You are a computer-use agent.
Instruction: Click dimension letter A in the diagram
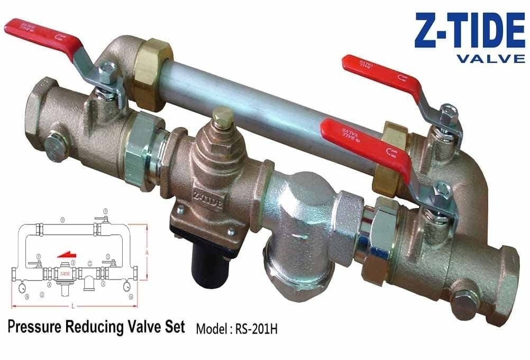147,254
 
